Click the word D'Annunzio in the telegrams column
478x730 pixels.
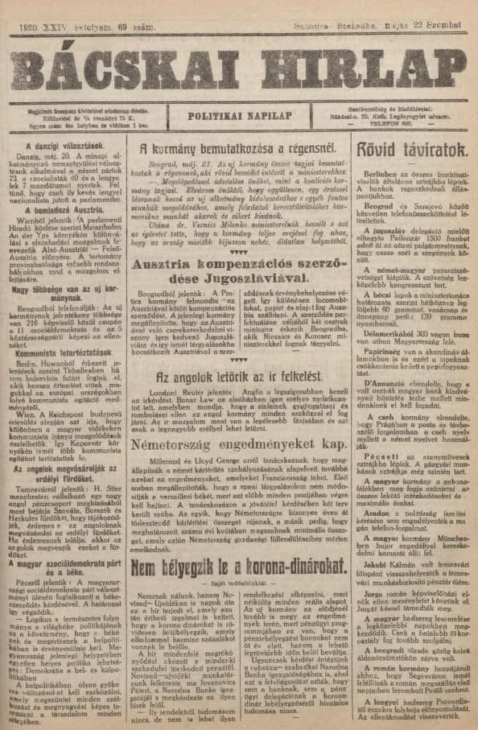[389, 381]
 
